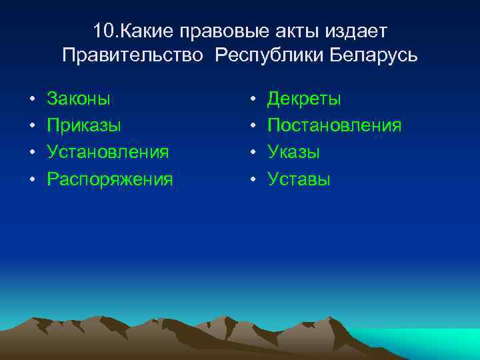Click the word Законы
point(79,99)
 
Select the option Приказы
point(83,126)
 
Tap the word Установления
point(107,152)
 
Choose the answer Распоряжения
point(109,179)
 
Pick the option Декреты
point(304,99)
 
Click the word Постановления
point(334,126)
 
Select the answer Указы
point(293,152)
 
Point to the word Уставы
point(299,179)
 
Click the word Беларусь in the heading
point(373,55)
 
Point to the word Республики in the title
point(269,55)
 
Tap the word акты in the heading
point(291,31)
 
